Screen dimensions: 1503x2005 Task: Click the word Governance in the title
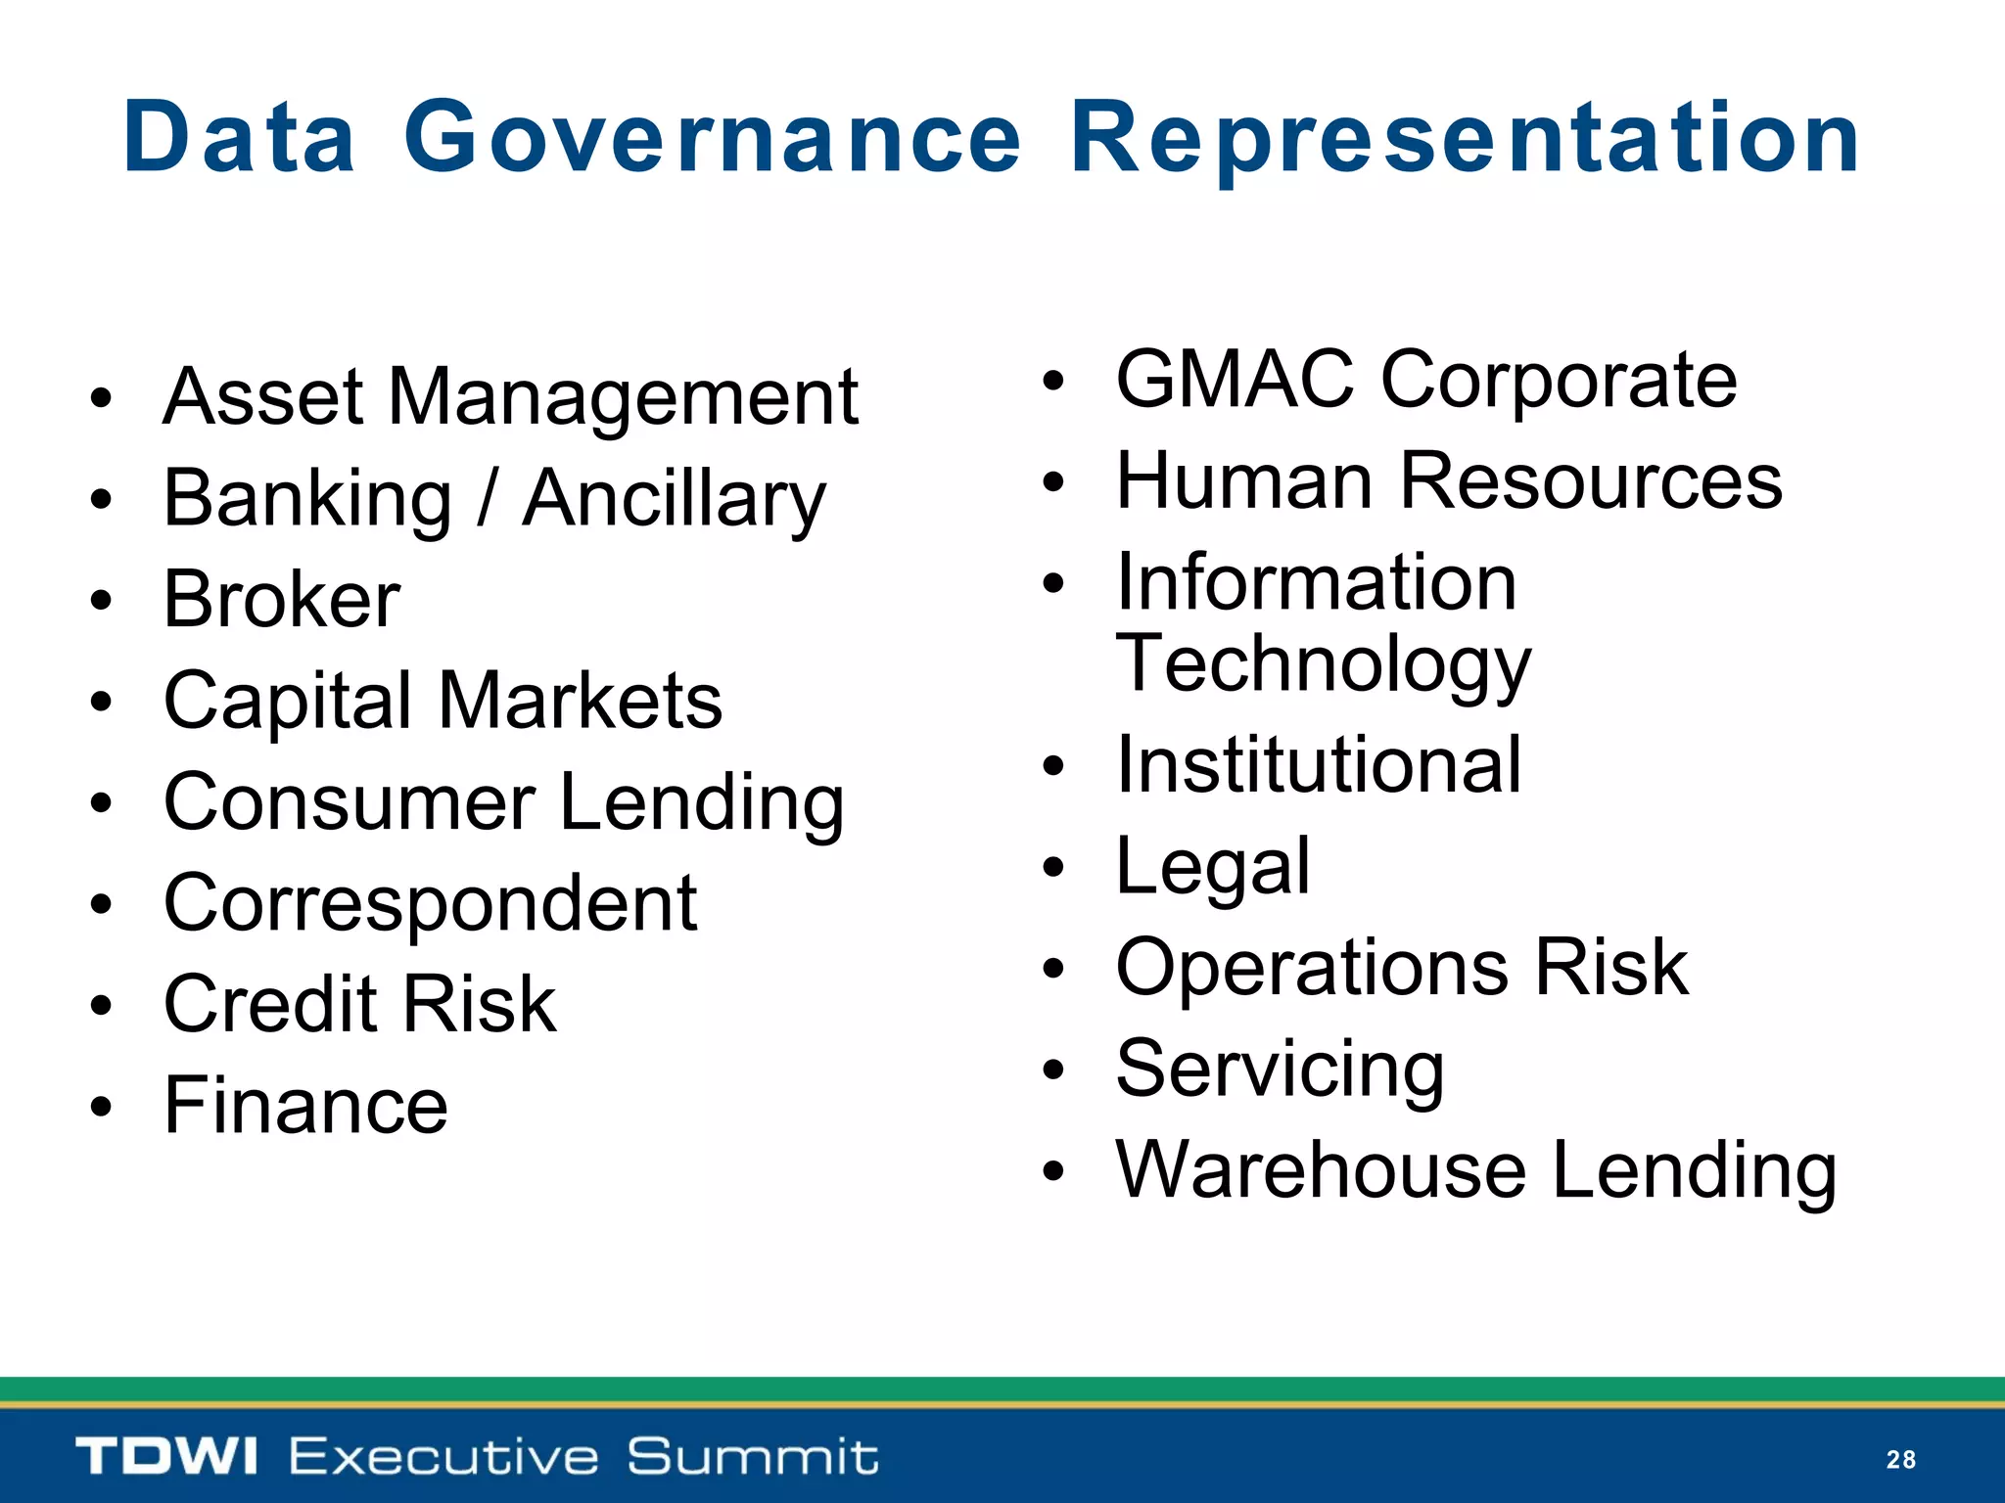coord(713,138)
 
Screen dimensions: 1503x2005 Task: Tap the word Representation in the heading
coord(1465,138)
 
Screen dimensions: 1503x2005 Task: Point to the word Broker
coord(281,600)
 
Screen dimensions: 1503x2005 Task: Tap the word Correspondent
coord(430,904)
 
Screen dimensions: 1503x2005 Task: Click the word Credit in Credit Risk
coord(270,1005)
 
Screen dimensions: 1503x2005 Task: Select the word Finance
coord(305,1106)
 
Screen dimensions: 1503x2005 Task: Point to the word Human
coord(1244,481)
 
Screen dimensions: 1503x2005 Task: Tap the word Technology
coord(1323,664)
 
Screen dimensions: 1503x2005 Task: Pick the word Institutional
coord(1319,765)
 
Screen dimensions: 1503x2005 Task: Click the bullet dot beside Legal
coord(1052,867)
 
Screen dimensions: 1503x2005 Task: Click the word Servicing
coord(1280,1070)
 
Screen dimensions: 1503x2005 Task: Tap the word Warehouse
coord(1321,1170)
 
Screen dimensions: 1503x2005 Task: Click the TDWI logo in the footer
coord(166,1456)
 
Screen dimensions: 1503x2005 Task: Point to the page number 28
coord(1900,1460)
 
